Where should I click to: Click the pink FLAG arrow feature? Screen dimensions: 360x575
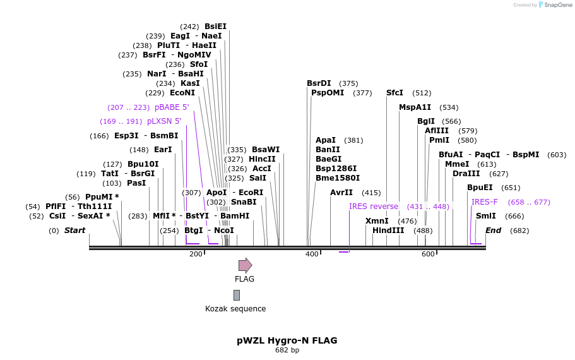click(245, 265)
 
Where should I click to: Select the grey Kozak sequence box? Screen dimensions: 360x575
click(237, 295)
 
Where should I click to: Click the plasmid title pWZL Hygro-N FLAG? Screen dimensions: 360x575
click(287, 340)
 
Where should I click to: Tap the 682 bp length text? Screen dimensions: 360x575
click(287, 350)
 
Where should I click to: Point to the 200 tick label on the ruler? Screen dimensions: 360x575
click(196, 254)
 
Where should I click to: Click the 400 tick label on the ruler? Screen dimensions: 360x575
click(312, 254)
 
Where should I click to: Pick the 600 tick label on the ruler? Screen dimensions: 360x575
click(428, 254)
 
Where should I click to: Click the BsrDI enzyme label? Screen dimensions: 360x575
click(319, 83)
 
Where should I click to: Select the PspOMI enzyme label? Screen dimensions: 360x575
click(328, 93)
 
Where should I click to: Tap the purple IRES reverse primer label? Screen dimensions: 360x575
click(374, 207)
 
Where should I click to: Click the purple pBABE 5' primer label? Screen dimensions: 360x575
click(172, 107)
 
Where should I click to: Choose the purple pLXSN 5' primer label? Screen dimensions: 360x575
click(164, 121)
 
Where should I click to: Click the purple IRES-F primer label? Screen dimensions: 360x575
click(485, 202)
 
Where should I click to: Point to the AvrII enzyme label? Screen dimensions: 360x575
click(341, 193)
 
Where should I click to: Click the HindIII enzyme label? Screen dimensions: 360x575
click(388, 231)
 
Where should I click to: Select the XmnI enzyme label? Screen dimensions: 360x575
click(377, 221)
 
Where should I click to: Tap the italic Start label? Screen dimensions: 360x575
click(74, 231)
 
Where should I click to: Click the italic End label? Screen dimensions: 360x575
click(493, 231)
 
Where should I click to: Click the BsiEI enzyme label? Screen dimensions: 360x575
click(215, 27)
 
